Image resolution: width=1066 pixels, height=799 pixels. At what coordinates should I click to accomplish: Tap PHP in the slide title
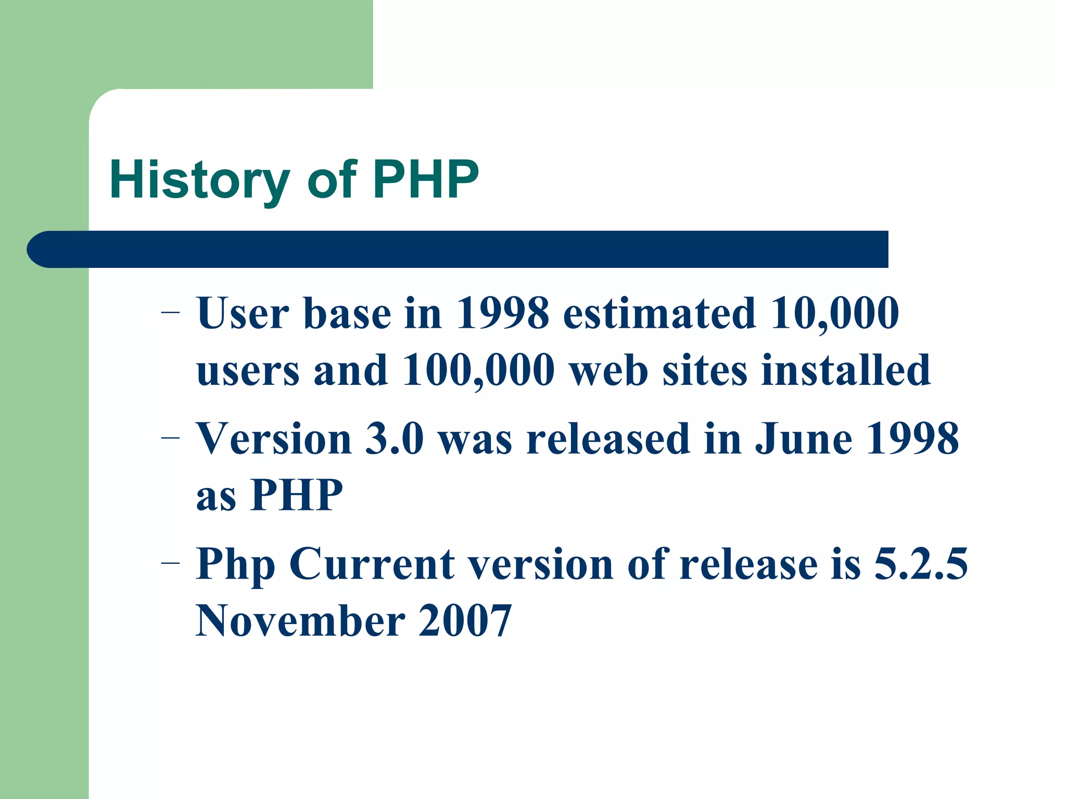[x=425, y=179]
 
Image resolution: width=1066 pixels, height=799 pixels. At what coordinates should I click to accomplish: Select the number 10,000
[x=834, y=313]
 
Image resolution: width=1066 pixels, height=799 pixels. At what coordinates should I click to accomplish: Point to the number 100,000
[x=478, y=370]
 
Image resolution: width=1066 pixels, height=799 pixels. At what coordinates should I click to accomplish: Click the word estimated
[x=659, y=313]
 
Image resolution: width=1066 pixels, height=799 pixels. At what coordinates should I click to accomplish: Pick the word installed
[x=845, y=370]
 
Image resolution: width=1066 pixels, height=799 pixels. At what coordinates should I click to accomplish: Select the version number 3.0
[x=395, y=439]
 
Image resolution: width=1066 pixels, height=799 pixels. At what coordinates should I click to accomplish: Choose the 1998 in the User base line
[x=502, y=313]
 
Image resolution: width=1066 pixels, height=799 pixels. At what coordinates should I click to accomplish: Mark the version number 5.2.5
[x=920, y=564]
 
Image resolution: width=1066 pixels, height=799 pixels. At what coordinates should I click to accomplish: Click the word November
[x=300, y=621]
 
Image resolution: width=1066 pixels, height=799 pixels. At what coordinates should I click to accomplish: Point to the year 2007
[x=465, y=621]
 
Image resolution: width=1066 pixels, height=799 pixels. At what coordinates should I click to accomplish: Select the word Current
[x=372, y=564]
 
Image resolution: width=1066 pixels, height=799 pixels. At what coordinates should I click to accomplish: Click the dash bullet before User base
[x=170, y=313]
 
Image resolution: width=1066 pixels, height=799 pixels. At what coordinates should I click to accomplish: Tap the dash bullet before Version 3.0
[x=170, y=439]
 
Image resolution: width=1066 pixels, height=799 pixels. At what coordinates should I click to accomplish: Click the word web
[x=609, y=370]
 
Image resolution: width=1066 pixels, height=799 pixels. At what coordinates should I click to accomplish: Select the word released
[x=608, y=439]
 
